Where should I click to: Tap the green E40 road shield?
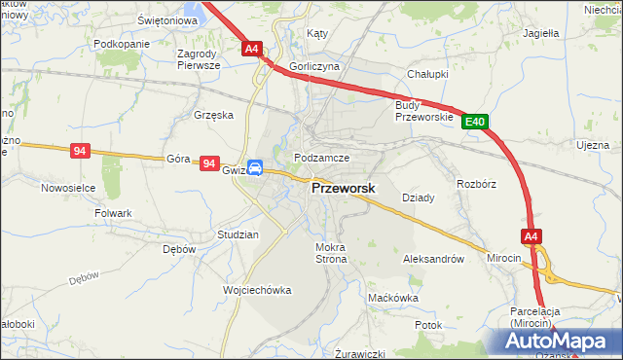(x=474, y=122)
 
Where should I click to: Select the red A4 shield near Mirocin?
(x=531, y=236)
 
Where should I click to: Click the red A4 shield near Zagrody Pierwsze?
(x=251, y=48)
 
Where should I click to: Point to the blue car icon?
(x=254, y=167)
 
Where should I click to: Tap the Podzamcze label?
(x=321, y=157)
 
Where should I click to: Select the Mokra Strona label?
(x=331, y=254)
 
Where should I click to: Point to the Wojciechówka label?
(x=257, y=290)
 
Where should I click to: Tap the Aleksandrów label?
(x=432, y=260)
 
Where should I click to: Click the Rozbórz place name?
(x=476, y=183)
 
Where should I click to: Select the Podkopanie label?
(x=121, y=45)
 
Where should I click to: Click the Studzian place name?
(x=238, y=235)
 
